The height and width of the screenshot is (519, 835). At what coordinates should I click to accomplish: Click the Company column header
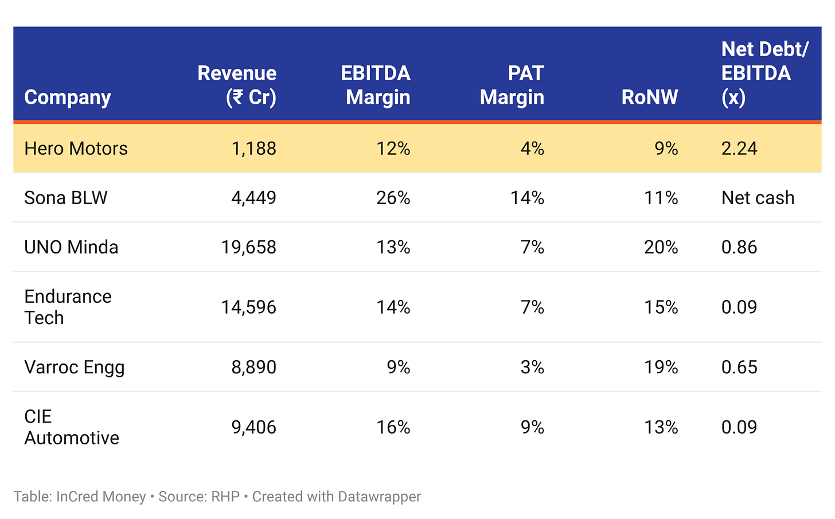68,97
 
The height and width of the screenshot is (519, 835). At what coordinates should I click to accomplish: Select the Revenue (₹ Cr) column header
237,85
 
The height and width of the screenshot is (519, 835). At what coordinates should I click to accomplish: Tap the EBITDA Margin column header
376,85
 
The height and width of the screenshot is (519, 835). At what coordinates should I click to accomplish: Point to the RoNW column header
649,97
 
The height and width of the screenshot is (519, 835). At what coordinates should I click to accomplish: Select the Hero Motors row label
76,149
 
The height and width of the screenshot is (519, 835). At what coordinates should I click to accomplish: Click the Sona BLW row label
66,198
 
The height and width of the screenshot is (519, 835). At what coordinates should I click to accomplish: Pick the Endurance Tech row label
68,307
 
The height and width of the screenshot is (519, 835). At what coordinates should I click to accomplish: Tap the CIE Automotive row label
72,427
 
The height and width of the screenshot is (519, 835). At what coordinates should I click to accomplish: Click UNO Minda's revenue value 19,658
249,247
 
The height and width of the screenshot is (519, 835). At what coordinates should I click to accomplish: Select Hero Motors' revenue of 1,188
254,149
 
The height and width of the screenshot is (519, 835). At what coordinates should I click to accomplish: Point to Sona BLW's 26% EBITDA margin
393,198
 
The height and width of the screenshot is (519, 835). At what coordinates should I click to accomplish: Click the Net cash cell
758,198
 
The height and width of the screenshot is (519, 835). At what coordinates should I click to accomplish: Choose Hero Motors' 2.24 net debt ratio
739,149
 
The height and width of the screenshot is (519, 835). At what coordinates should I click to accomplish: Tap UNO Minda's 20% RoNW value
661,247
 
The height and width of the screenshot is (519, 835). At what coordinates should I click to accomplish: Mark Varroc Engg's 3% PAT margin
532,367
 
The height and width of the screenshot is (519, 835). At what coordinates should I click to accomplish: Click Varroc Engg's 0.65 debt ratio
739,367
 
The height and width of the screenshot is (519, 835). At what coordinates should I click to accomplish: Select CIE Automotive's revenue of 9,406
254,427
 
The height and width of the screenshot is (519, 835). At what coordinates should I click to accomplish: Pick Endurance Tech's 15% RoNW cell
661,307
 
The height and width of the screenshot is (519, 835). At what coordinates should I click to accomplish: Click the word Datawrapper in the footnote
379,497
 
